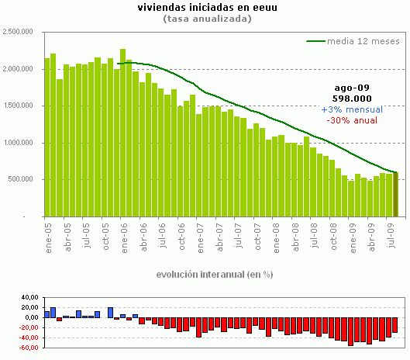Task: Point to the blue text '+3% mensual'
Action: [x=351, y=109]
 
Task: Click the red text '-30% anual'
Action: [x=351, y=120]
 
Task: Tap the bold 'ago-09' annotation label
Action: [x=351, y=88]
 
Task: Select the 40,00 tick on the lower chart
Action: [x=28, y=296]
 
